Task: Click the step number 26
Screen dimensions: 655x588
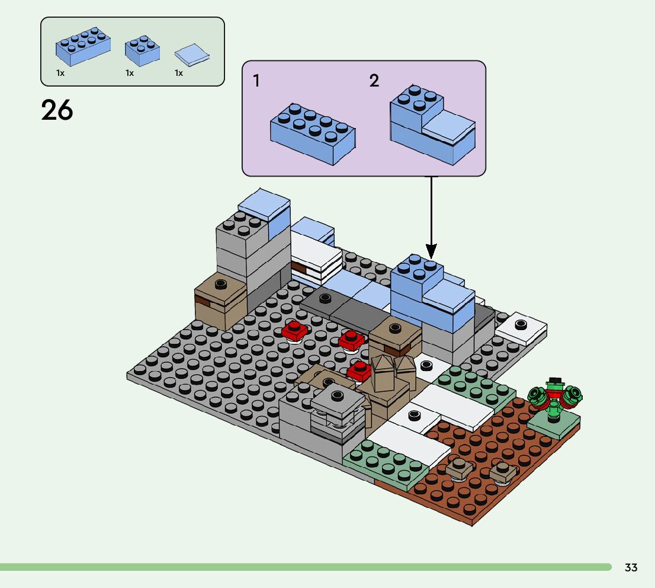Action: point(57,110)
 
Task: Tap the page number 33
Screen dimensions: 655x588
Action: point(631,567)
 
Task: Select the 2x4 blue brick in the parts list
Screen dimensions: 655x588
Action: point(83,46)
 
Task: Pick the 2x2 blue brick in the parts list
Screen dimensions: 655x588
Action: point(142,50)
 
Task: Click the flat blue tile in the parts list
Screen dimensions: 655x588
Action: point(192,55)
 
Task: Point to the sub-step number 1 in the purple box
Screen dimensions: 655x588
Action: point(256,80)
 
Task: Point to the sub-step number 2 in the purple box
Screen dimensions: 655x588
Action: point(374,80)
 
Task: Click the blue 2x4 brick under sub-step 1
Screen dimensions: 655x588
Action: point(313,134)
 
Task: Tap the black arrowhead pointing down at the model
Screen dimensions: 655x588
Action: point(431,251)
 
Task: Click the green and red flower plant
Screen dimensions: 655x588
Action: point(555,399)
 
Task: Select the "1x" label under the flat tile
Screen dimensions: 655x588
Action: point(179,73)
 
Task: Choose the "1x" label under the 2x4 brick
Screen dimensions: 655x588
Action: point(60,73)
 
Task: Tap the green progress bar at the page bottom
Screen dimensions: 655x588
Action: point(306,567)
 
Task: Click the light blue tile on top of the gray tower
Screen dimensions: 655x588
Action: point(264,204)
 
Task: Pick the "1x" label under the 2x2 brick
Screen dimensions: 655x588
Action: point(130,73)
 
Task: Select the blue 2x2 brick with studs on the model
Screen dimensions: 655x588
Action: point(417,277)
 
